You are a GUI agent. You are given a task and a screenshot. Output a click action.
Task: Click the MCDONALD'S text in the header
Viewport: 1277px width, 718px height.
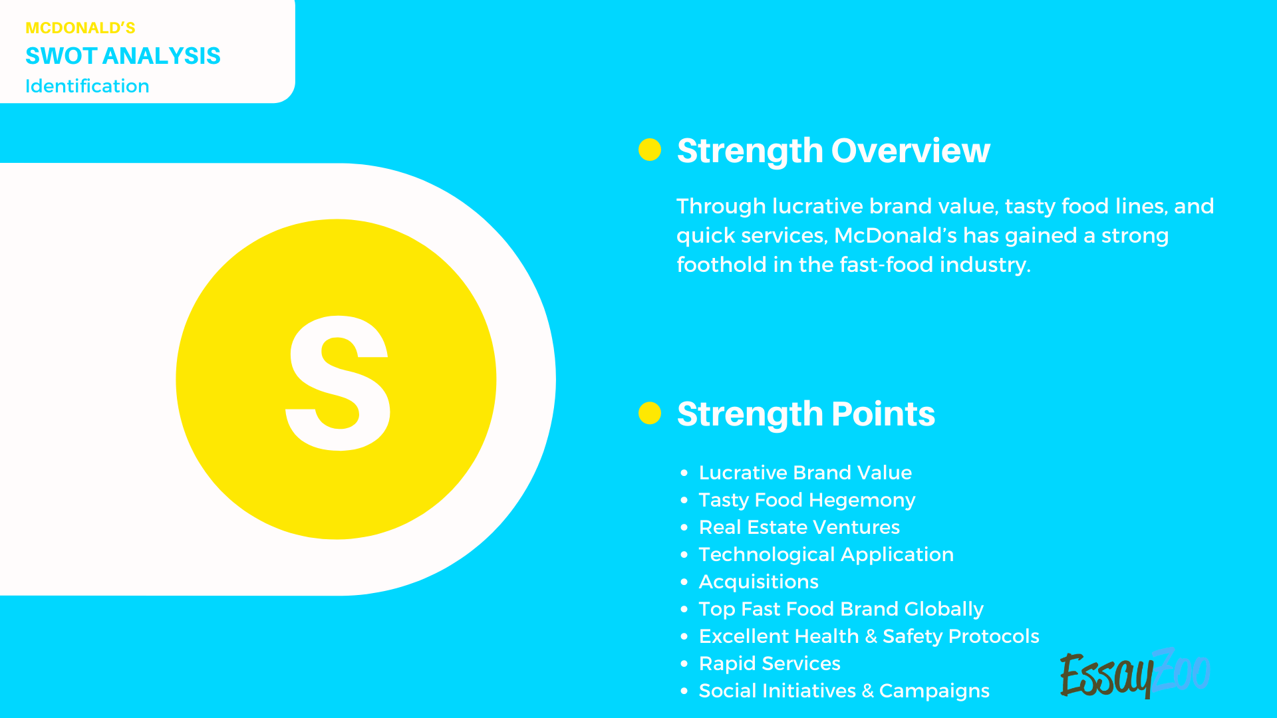(80, 28)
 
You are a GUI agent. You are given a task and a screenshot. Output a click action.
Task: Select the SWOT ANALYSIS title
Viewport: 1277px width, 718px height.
(122, 56)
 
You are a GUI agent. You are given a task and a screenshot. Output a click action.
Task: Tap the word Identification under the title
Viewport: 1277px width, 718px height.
(87, 86)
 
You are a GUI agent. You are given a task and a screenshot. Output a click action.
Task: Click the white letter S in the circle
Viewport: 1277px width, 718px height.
(338, 383)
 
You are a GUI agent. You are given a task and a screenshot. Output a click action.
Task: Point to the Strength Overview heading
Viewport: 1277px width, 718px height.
(833, 151)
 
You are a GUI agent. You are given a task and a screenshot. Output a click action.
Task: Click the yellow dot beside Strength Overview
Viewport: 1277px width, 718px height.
(649, 150)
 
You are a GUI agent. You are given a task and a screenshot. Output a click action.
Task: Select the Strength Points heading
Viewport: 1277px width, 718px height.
(805, 414)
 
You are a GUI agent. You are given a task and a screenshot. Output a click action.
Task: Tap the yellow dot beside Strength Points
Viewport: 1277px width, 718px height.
(649, 413)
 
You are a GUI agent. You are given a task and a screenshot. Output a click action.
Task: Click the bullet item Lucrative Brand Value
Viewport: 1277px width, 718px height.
(805, 473)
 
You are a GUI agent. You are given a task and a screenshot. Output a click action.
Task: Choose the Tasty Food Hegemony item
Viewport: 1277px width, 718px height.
(807, 500)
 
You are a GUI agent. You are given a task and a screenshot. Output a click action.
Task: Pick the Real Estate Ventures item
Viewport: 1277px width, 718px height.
(799, 527)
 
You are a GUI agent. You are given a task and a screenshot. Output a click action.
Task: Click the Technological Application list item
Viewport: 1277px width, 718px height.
(826, 554)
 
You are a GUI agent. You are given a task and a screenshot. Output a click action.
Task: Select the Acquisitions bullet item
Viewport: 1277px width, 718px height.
(758, 582)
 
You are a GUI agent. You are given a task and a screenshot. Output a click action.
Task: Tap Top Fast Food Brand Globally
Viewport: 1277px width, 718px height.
(841, 609)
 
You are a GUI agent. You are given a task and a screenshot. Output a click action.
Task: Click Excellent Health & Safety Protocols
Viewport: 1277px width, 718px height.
(869, 636)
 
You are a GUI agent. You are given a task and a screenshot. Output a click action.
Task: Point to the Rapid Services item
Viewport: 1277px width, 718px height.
(770, 663)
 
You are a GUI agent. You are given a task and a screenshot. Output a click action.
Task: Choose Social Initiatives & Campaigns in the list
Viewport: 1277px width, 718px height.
(844, 691)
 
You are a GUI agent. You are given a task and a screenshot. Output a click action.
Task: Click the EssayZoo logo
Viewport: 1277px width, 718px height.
(1134, 673)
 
